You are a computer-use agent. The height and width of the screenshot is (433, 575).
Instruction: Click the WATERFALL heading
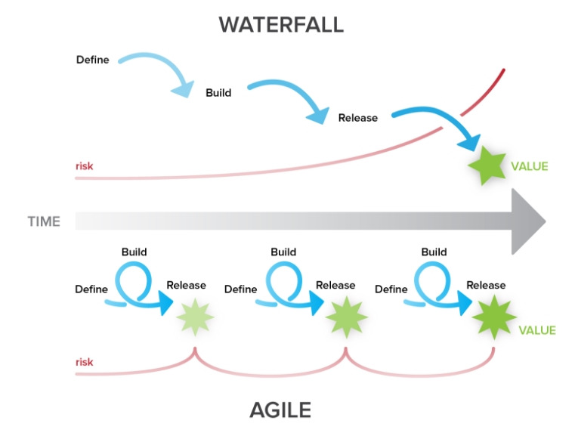click(281, 24)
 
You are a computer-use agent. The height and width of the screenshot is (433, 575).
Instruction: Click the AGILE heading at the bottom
click(280, 410)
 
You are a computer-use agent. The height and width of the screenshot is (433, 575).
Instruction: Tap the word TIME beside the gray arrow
click(44, 221)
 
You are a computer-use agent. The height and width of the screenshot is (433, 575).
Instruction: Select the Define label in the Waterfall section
click(92, 59)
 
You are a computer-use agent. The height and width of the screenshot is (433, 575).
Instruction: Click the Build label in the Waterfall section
click(218, 92)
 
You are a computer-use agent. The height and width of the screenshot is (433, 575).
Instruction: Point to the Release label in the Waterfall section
click(357, 117)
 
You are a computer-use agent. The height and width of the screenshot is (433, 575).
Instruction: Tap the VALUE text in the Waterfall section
click(529, 166)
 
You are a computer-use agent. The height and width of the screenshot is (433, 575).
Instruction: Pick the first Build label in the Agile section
click(134, 252)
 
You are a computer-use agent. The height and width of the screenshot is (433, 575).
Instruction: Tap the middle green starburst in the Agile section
click(345, 317)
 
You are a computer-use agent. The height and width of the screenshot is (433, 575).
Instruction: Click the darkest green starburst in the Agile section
click(493, 317)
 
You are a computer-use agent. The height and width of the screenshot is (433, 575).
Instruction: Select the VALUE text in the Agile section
click(536, 330)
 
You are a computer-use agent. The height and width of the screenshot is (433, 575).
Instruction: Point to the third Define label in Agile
click(391, 289)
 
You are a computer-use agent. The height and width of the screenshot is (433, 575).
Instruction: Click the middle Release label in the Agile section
click(335, 285)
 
